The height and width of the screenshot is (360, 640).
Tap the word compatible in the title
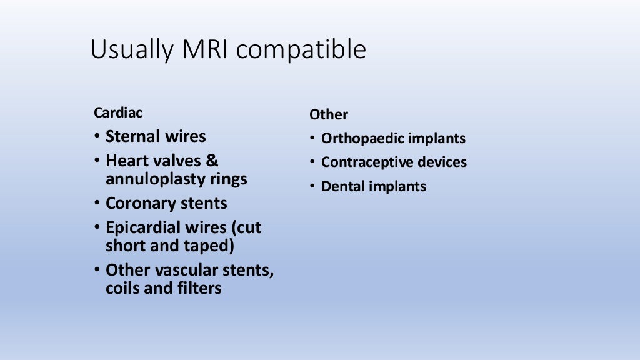click(x=301, y=51)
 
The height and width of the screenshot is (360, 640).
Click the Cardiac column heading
click(x=118, y=113)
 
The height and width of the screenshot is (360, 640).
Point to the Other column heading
click(x=329, y=115)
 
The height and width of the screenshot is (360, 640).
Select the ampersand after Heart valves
click(x=212, y=161)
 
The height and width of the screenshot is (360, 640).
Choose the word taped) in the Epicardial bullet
click(x=210, y=246)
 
